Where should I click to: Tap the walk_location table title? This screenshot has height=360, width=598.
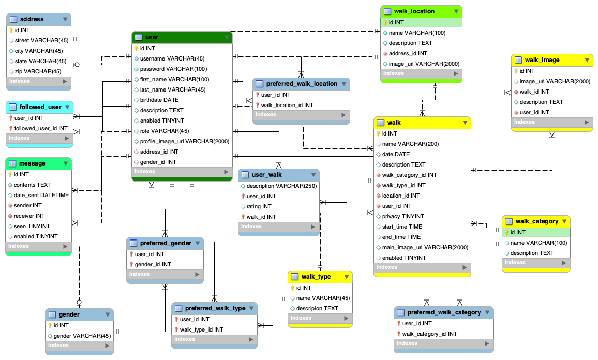click(414, 11)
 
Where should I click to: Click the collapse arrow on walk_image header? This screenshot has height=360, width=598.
click(587, 60)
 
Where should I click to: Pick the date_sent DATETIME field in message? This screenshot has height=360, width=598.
click(41, 195)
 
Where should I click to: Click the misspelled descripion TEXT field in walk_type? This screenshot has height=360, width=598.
click(317, 308)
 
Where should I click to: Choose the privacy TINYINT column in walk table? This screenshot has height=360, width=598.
click(402, 216)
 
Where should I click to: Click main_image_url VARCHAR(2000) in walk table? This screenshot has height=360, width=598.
click(425, 247)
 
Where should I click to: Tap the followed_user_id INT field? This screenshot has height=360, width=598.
click(41, 128)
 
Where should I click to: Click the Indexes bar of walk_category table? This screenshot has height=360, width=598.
click(536, 263)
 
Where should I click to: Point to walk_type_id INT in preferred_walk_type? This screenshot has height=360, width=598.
click(201, 329)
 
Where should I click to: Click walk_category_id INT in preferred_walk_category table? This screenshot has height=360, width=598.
click(429, 334)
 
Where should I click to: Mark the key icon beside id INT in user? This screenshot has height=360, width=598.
click(137, 48)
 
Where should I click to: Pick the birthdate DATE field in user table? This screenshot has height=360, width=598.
click(159, 100)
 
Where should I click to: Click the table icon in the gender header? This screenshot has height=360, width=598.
click(52, 314)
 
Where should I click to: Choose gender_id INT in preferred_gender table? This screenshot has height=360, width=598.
click(153, 264)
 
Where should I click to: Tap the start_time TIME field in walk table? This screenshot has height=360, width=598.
click(402, 227)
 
